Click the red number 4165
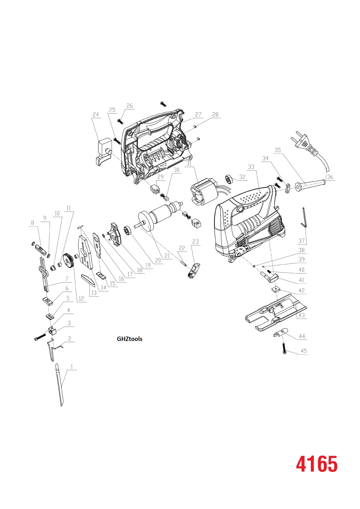(x=316, y=464)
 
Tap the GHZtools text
(x=129, y=339)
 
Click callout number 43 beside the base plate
(x=302, y=315)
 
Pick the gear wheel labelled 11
(x=68, y=261)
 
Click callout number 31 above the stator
(x=189, y=164)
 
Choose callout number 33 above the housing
(x=251, y=167)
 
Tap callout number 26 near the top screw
(x=130, y=106)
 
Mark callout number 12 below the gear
(x=81, y=299)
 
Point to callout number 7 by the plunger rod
(x=67, y=279)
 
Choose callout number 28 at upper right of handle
(x=215, y=115)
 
